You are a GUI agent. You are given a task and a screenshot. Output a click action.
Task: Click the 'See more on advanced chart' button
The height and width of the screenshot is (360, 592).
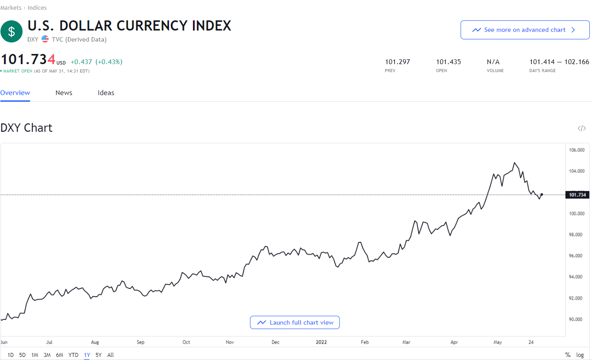(525, 30)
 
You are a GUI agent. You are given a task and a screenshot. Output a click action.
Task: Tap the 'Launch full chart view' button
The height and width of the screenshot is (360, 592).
(295, 322)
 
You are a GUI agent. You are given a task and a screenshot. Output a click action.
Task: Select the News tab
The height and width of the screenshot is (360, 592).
(64, 93)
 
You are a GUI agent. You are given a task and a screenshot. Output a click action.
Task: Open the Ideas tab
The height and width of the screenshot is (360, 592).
(106, 93)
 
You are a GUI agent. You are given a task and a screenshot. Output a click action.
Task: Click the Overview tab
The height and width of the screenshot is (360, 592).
(15, 93)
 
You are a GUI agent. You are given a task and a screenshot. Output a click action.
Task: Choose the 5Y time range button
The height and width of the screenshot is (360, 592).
(98, 355)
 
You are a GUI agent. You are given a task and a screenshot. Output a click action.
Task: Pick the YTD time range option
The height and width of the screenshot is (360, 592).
(73, 355)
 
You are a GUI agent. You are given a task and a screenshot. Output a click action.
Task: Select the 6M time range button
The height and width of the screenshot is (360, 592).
(59, 355)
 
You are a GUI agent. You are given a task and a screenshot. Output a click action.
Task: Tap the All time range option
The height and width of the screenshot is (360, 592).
(110, 355)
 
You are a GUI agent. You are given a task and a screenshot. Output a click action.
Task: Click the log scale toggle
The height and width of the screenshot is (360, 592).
(580, 355)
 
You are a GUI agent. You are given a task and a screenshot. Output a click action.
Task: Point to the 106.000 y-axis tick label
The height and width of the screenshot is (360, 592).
(577, 150)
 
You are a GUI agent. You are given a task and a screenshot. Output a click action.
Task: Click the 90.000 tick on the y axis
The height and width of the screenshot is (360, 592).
(577, 319)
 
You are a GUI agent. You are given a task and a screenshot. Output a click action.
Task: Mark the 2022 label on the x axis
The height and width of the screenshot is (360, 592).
(321, 342)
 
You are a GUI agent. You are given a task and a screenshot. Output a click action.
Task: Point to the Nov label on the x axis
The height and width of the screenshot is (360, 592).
(229, 342)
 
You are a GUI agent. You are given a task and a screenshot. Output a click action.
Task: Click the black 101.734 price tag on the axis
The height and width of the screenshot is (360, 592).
(577, 195)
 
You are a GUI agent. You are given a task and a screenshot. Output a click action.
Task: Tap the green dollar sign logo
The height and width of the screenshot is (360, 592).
(12, 31)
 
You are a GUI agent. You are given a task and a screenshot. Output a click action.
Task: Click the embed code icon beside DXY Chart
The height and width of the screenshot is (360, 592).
(581, 128)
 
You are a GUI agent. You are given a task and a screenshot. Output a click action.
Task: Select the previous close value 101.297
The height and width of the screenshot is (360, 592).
(397, 62)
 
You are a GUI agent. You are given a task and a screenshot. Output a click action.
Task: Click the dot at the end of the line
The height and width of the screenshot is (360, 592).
(542, 195)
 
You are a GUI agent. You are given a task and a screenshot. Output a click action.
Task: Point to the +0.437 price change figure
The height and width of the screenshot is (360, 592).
(81, 62)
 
